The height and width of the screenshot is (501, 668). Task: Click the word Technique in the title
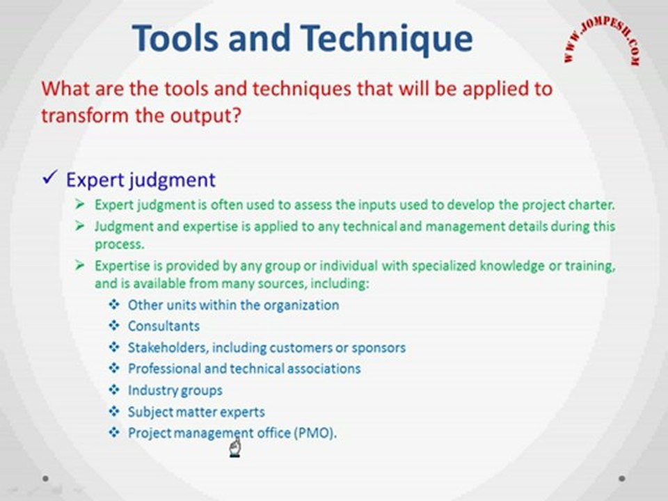(387, 39)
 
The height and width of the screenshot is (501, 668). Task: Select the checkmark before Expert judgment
(50, 177)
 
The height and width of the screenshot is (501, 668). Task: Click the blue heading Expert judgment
(141, 180)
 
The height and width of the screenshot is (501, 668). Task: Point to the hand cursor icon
(234, 447)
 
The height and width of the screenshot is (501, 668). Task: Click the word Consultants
(164, 326)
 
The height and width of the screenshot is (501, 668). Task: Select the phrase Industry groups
(175, 390)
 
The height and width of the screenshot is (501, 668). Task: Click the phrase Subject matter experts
(196, 412)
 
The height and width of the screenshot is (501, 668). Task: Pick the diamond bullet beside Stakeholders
(113, 347)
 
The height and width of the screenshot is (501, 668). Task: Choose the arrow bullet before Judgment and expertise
(79, 225)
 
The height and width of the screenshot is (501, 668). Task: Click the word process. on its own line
(120, 245)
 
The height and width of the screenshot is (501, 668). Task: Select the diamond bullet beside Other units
(113, 305)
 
